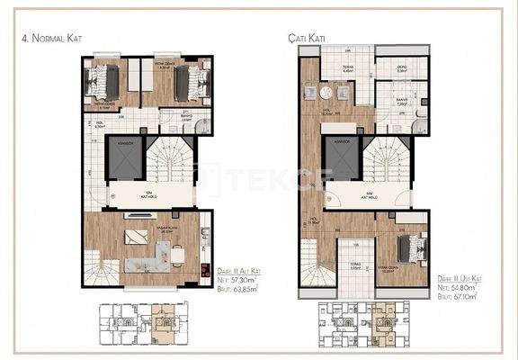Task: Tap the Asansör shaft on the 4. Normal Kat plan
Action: click(x=126, y=159)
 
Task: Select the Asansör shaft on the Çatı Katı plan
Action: click(x=344, y=160)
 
